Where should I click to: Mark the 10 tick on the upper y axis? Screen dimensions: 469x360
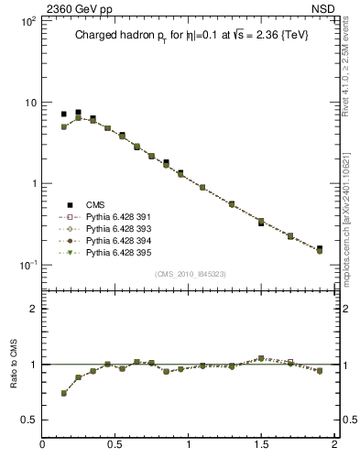click(x=29, y=103)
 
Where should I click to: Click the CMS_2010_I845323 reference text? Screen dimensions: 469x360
click(x=190, y=273)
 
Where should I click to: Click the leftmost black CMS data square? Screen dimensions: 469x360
click(x=64, y=115)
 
